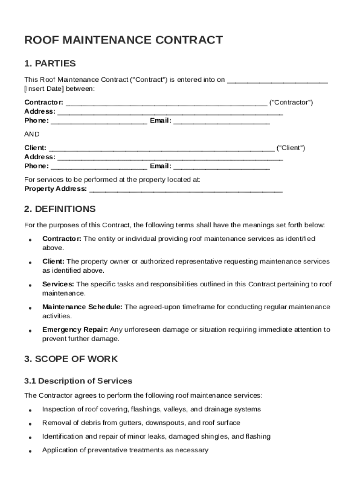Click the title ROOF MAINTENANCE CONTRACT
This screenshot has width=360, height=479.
click(x=123, y=40)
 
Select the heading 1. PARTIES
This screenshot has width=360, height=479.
click(x=50, y=64)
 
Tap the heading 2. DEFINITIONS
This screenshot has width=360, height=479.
click(x=60, y=209)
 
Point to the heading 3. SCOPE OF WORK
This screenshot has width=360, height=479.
click(x=71, y=359)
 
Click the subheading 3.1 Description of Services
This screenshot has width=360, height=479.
click(x=78, y=381)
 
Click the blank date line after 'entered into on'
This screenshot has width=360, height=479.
click(x=277, y=80)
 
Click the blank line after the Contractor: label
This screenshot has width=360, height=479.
click(x=166, y=103)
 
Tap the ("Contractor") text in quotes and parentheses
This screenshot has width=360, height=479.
click(x=291, y=102)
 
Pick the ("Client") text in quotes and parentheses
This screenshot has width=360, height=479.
click(x=291, y=148)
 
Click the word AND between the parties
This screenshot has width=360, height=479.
click(x=32, y=134)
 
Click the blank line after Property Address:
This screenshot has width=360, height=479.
click(x=186, y=189)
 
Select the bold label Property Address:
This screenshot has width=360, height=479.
click(x=56, y=189)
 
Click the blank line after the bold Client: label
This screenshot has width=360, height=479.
click(x=162, y=149)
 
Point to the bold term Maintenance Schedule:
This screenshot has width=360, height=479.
click(x=83, y=307)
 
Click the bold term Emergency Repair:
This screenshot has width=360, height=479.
click(x=75, y=329)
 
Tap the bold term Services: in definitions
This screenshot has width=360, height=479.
click(x=58, y=284)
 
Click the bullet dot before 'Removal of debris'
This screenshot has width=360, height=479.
click(x=30, y=424)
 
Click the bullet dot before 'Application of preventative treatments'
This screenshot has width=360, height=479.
click(x=30, y=451)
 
